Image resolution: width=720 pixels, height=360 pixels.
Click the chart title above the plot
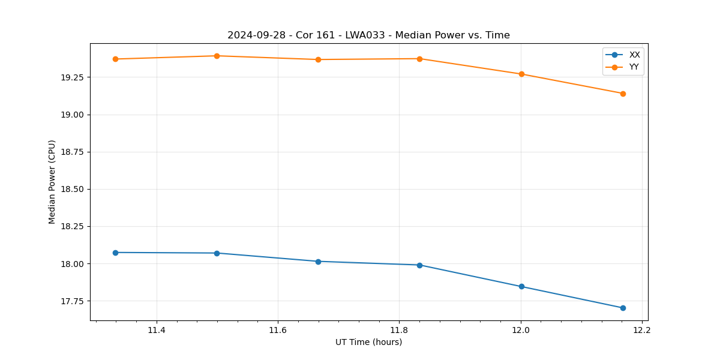(368, 35)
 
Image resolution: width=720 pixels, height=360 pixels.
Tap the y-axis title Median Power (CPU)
(52, 182)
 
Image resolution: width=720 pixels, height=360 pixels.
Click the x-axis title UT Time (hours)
(368, 342)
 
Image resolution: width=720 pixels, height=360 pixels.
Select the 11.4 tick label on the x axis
(156, 330)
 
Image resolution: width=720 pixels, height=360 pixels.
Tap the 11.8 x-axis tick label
(399, 330)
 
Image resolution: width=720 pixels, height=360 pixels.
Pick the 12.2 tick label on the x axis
(641, 330)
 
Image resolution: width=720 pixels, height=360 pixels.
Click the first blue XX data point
(115, 253)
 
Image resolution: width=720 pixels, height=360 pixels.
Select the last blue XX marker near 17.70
(623, 308)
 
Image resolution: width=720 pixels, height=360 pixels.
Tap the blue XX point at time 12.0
(521, 286)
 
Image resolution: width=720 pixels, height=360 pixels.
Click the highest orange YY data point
(217, 56)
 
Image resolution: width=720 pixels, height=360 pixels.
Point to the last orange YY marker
(623, 94)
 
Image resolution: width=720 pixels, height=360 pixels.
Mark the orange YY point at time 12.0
(521, 74)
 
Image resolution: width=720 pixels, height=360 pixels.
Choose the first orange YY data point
(115, 59)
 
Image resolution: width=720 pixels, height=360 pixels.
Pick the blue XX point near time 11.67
(318, 261)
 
